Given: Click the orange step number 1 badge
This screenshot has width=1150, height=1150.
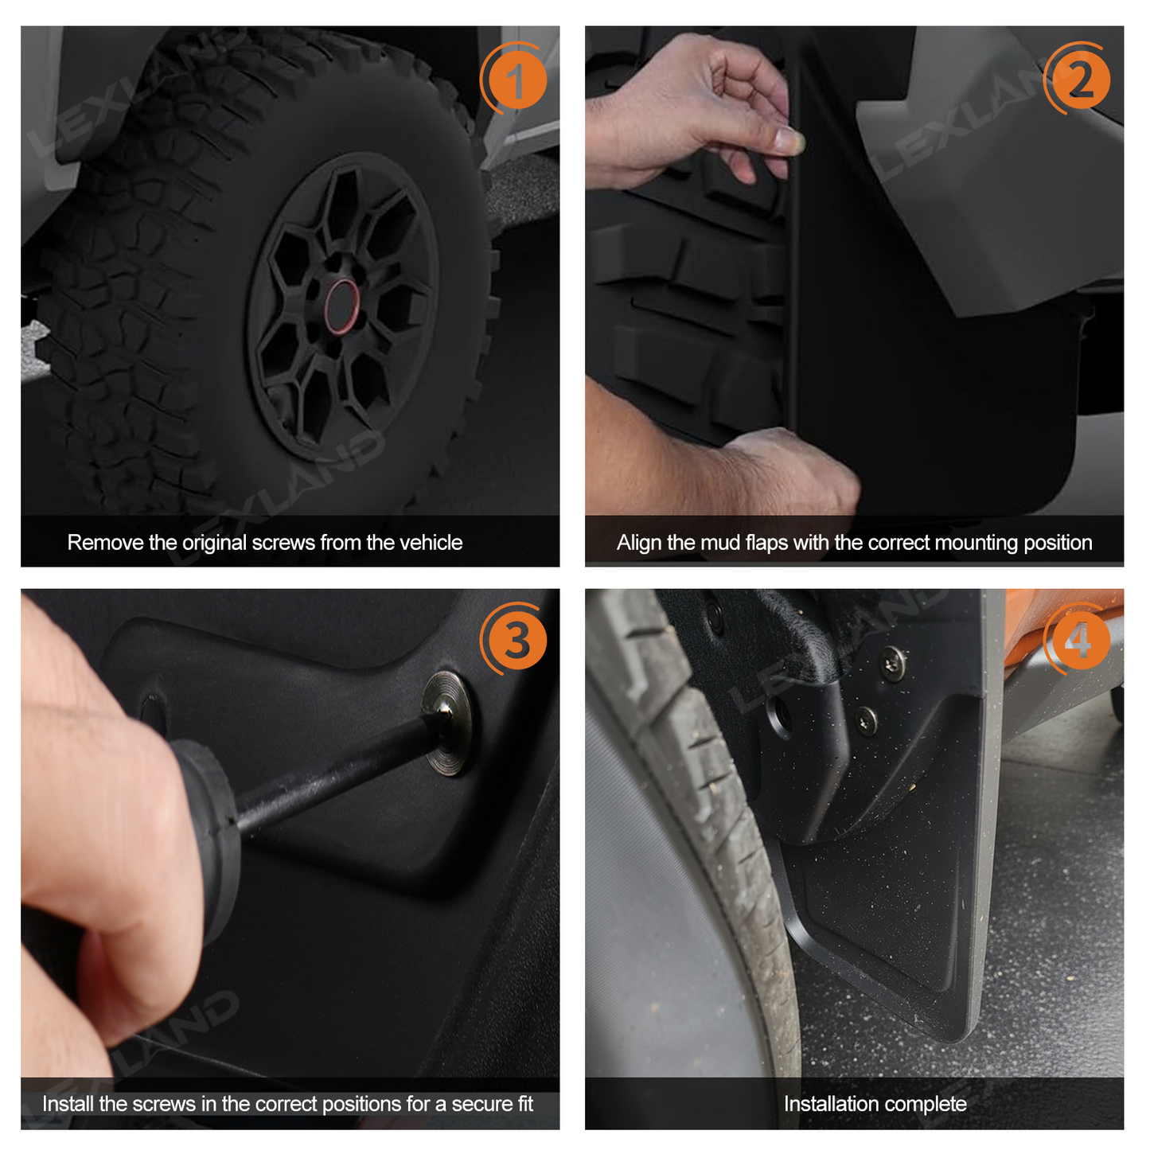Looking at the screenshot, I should (x=516, y=81).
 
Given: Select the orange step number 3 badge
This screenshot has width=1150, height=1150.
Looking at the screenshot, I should (x=516, y=641).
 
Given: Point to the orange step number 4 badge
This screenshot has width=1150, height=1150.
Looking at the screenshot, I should (x=1079, y=641).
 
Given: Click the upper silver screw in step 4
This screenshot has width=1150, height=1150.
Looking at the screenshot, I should (x=892, y=663).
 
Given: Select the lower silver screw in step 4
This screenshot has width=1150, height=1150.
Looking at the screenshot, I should (x=866, y=721).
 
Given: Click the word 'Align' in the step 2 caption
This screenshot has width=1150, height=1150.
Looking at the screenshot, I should (x=640, y=543).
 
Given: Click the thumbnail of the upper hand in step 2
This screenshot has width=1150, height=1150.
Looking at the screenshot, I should (x=789, y=140).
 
